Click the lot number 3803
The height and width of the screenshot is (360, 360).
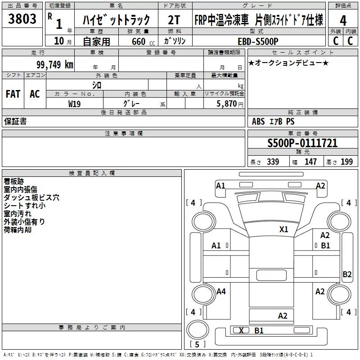22,19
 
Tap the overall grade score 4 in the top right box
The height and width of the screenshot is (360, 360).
343,21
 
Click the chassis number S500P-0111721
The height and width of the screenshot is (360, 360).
302,143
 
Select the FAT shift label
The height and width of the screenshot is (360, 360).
13,94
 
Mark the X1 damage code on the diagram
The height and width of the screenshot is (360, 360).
283,229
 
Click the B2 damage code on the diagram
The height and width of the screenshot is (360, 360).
347,274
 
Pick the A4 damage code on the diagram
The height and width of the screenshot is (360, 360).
221,292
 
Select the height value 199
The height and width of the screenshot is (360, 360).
347,162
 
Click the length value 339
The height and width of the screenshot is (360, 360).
273,162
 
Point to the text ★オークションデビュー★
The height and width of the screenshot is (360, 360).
288,63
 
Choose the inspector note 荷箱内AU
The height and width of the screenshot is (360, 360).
18,230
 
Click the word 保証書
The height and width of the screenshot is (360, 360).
15,121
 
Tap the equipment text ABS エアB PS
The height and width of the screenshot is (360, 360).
273,121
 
